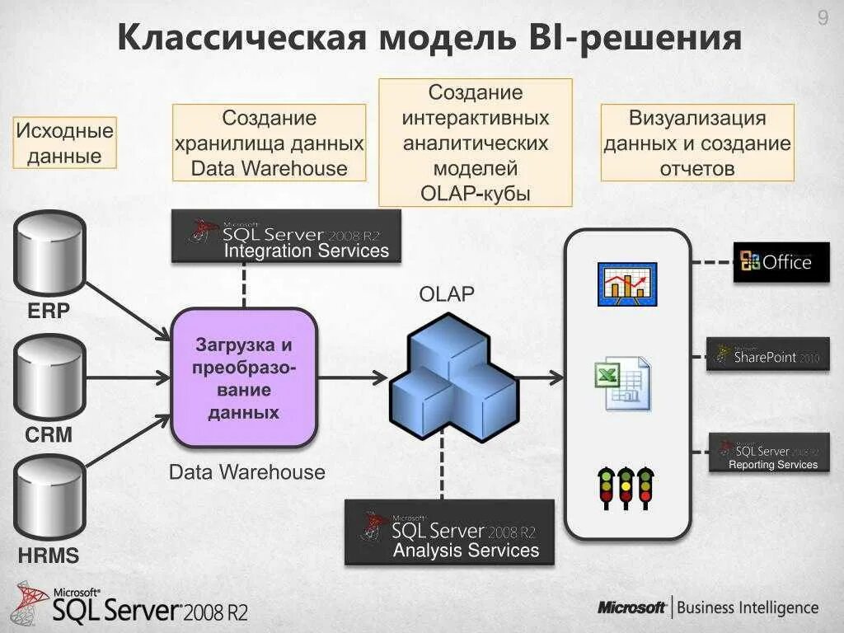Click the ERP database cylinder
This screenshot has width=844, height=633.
click(49, 253)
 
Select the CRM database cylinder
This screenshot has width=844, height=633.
click(49, 377)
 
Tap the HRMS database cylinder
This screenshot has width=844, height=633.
click(49, 499)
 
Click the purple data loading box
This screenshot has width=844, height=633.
click(244, 377)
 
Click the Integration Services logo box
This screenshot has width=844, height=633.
click(286, 237)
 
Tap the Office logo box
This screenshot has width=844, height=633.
click(781, 262)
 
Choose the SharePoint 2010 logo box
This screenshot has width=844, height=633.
click(767, 354)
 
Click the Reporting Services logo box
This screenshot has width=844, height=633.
click(769, 452)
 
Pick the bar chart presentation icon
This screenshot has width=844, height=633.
click(626, 284)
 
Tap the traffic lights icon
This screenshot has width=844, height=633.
click(626, 489)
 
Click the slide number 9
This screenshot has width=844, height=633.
click(823, 18)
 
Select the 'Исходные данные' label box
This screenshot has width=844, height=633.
click(65, 143)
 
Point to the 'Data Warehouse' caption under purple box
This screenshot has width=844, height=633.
click(246, 472)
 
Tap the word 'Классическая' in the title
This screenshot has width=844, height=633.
click(240, 39)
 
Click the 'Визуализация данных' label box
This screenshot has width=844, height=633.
click(697, 143)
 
